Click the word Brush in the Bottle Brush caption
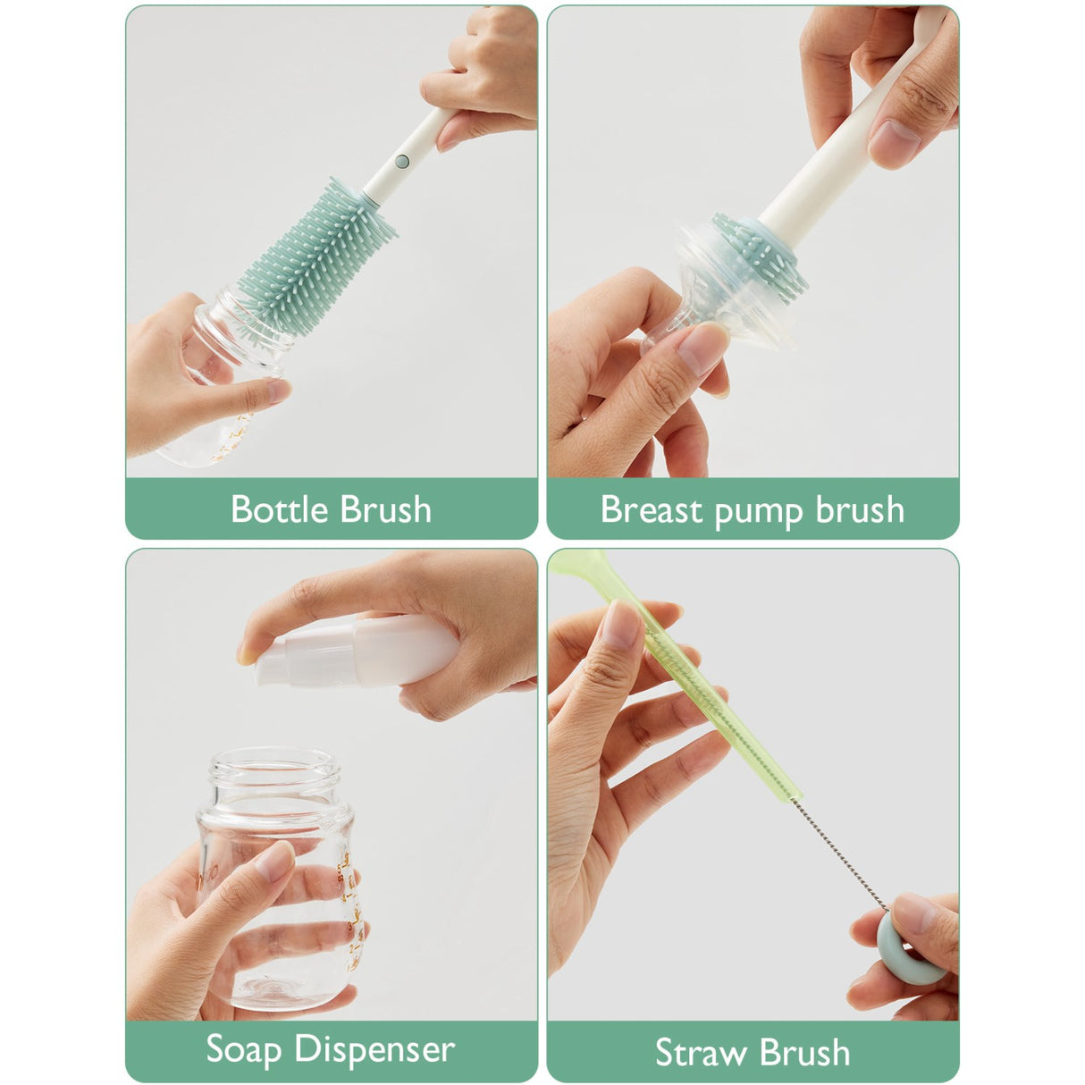(387, 509)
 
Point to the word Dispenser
(376, 1049)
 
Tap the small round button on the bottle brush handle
(401, 162)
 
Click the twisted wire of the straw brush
(840, 849)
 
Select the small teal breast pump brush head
(760, 250)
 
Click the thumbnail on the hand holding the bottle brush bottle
(277, 391)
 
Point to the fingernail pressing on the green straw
(622, 623)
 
